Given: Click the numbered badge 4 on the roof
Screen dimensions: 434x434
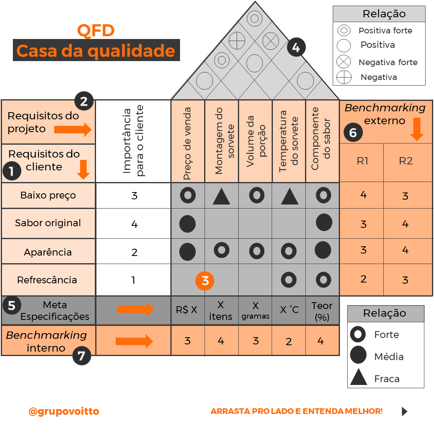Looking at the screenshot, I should (296, 48).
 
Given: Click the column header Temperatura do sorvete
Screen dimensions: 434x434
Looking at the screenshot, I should (289, 141).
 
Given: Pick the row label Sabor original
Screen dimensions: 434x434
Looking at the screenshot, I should (48, 223).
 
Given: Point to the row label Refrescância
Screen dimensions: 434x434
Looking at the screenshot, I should (48, 280).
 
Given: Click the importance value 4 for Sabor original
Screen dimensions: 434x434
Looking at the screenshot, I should (134, 224).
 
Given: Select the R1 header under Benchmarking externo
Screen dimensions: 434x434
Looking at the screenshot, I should (362, 161).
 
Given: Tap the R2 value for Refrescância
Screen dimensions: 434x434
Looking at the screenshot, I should (405, 280).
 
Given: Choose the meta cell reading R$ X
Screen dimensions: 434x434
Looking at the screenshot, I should (187, 310).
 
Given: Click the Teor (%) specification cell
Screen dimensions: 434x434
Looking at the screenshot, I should (322, 311).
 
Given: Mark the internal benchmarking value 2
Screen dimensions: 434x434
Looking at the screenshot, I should (289, 342).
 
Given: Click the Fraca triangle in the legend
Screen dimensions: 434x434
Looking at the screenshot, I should (358, 378).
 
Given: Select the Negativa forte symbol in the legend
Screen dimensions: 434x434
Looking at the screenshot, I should (344, 62).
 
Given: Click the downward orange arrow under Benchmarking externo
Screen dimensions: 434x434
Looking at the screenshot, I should (417, 129).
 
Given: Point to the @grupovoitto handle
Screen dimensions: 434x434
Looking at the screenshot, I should (63, 411).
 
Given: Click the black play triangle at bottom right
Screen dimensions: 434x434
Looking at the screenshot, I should (404, 411).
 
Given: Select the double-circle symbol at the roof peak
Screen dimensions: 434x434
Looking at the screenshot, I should (254, 18).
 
